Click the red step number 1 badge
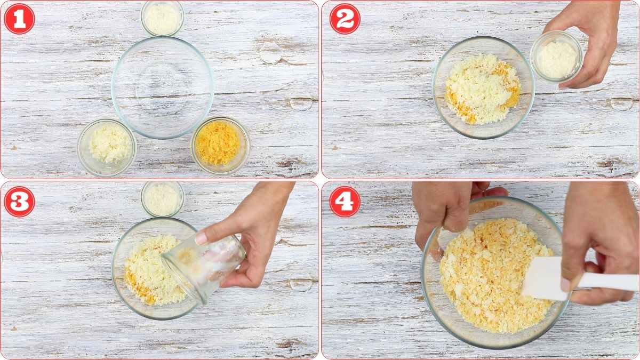[x=19, y=19]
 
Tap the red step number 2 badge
[x=345, y=19]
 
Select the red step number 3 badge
[x=19, y=202]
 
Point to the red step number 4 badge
[x=345, y=202]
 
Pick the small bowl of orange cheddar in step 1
[x=220, y=145]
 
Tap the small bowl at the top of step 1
[x=163, y=18]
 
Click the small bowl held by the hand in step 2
[x=556, y=57]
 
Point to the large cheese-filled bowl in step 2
[x=483, y=88]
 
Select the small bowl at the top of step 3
[x=163, y=199]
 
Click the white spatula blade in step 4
[x=544, y=278]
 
